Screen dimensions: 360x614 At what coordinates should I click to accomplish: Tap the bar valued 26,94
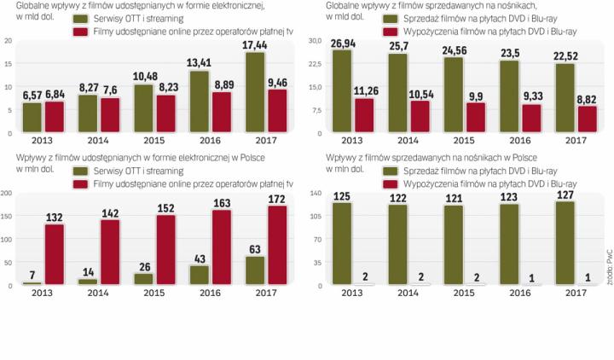point(343,90)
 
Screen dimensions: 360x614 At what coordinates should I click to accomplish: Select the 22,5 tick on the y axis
point(314,63)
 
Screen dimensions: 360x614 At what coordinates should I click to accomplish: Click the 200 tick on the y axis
point(7,194)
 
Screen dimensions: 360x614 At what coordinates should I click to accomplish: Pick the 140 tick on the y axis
point(314,194)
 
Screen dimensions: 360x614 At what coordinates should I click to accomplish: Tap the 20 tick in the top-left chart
point(8,40)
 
